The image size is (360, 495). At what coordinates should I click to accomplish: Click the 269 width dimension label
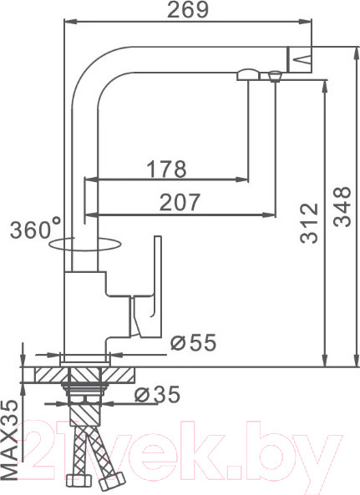188,9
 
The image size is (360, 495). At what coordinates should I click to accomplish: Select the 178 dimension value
167,169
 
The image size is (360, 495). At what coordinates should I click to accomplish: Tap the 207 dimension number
180,202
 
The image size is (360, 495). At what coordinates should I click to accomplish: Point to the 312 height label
309,223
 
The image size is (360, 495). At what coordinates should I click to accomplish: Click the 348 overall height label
342,207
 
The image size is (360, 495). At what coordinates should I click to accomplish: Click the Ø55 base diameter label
194,342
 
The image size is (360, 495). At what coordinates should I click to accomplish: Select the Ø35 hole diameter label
157,394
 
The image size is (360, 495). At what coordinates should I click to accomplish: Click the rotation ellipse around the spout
85,245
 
